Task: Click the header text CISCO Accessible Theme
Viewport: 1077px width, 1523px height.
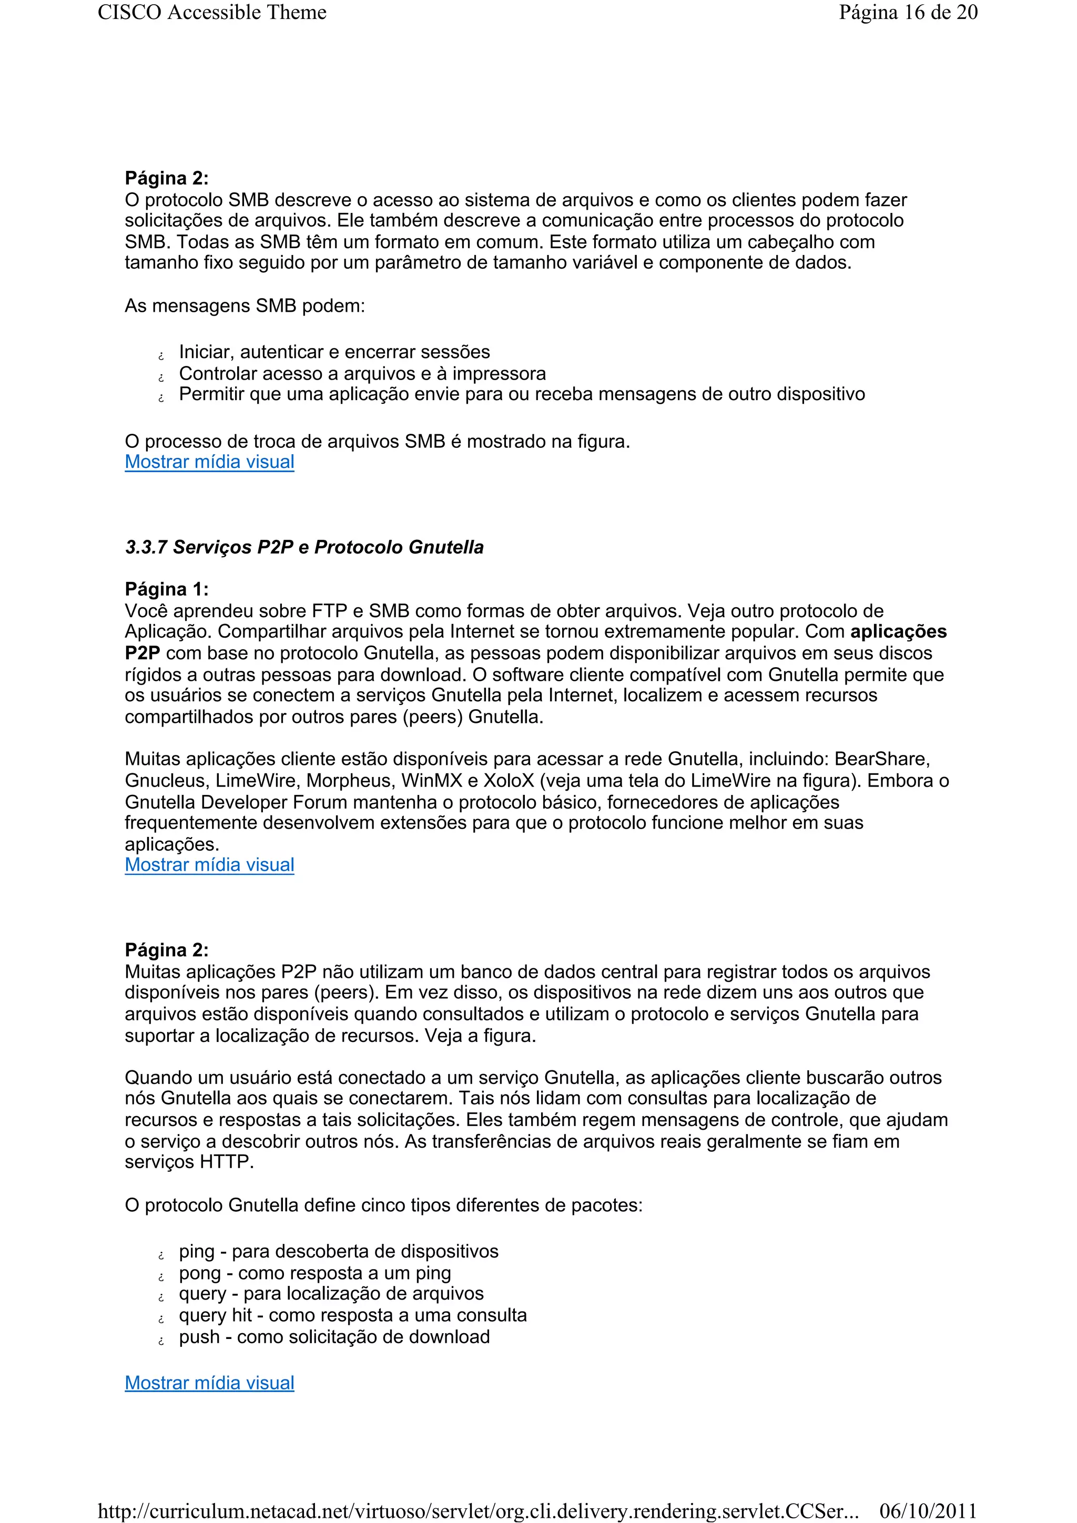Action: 212,13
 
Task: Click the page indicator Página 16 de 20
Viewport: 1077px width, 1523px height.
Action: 907,13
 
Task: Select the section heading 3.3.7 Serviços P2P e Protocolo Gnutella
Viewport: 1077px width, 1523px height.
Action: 304,547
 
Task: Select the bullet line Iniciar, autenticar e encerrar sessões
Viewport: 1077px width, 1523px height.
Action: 334,352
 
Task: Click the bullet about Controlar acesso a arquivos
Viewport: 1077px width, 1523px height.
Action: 362,373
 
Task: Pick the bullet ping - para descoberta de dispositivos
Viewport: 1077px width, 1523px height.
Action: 339,1252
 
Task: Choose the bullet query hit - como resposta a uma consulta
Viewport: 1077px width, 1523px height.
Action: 352,1315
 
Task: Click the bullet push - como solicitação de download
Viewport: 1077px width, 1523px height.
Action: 334,1336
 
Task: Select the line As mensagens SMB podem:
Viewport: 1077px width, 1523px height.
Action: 245,306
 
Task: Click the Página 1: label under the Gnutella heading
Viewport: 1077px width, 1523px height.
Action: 167,589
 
